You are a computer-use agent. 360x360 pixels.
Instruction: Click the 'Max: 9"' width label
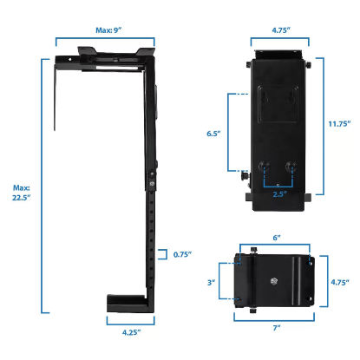[105, 29]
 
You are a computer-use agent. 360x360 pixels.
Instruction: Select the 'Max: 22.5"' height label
[21, 193]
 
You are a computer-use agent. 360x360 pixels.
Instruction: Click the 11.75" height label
[340, 124]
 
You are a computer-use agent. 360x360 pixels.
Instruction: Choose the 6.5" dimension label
[214, 134]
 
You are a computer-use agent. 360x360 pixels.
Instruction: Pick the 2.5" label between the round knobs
[278, 195]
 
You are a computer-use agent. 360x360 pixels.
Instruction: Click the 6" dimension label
[277, 237]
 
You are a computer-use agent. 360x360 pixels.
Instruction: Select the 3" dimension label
[211, 282]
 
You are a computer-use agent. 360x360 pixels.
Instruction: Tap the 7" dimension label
[277, 328]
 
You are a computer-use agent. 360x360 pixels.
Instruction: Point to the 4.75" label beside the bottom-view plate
[340, 282]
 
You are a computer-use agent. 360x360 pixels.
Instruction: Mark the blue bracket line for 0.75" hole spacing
[167, 255]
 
